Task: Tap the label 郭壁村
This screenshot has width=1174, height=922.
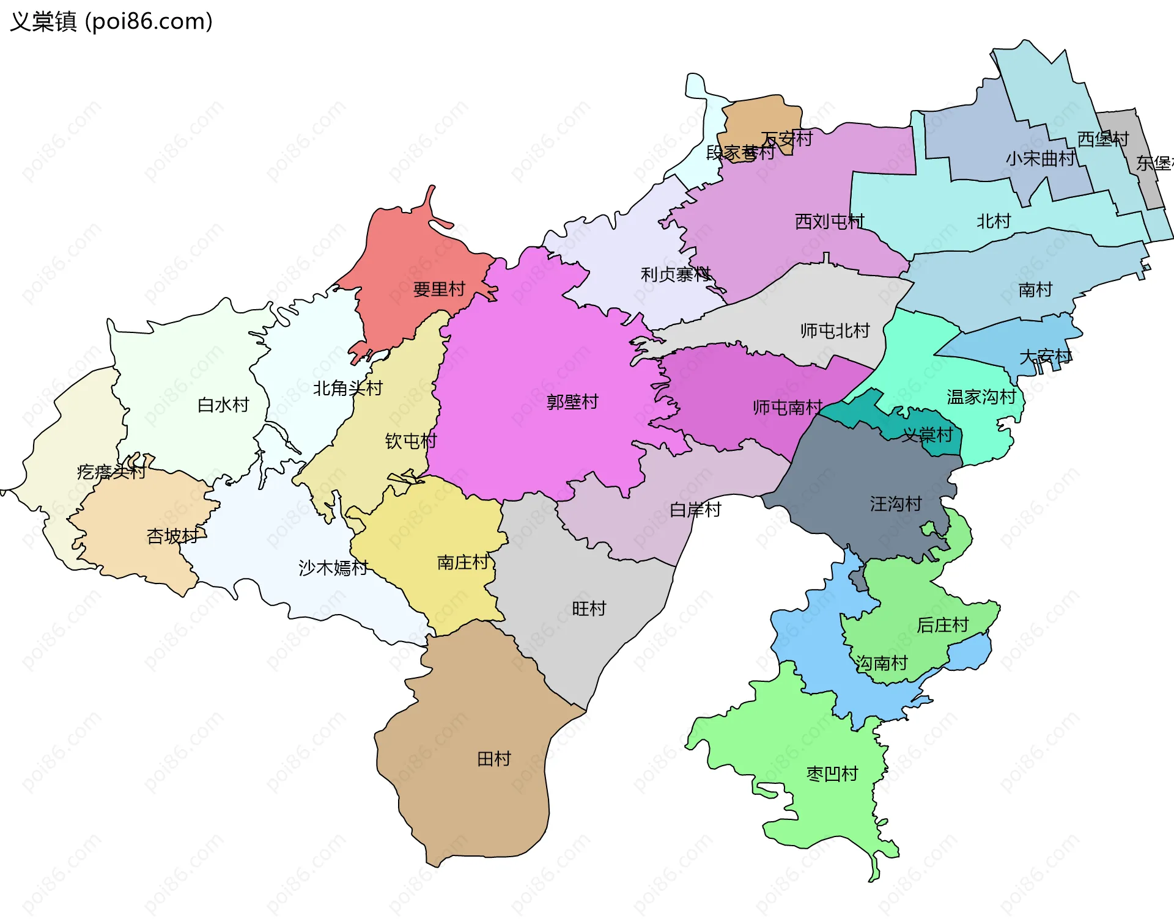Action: (x=572, y=402)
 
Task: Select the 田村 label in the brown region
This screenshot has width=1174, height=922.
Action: (x=494, y=759)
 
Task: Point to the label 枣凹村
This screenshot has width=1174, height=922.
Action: (x=832, y=774)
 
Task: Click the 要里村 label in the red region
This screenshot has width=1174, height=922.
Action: (x=439, y=289)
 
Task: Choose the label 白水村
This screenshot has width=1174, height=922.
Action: (x=223, y=404)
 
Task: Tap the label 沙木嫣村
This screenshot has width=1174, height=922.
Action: (x=333, y=568)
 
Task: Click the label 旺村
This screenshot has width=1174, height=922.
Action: (x=589, y=609)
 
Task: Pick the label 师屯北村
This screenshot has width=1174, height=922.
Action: (x=835, y=331)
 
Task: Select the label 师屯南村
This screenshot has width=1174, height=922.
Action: (x=788, y=408)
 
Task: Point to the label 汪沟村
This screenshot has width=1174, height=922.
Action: (x=896, y=504)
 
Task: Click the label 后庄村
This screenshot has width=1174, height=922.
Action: (x=942, y=625)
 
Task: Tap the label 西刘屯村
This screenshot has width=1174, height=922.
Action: (x=829, y=221)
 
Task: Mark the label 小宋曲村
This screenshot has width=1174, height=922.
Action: (x=1040, y=159)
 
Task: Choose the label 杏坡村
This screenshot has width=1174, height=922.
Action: (x=172, y=536)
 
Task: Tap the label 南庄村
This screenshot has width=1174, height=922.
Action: (x=463, y=562)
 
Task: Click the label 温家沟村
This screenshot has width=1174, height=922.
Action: (x=981, y=397)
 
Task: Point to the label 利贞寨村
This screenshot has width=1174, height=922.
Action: (x=675, y=274)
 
